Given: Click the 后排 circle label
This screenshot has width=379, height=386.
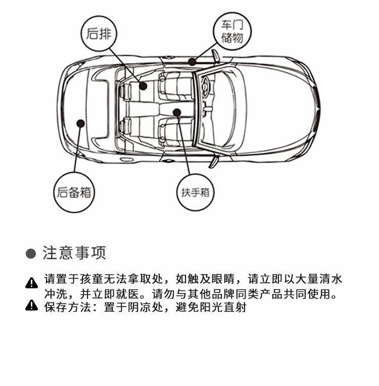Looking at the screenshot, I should pos(99,34).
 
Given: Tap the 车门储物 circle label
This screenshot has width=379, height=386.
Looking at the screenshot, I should pos(232,31).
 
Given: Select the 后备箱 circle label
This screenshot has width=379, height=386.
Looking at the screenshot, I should pos(75,192).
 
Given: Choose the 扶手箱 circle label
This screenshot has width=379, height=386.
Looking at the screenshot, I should pos(195,192).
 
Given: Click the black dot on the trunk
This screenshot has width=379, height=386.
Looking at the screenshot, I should pos(80,122).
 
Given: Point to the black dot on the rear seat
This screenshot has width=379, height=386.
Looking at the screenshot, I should pos(144,86).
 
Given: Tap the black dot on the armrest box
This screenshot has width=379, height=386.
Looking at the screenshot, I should pos(176,112).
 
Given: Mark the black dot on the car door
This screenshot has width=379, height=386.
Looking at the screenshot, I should pos(192,62).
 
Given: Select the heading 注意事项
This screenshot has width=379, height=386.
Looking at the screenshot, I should pos(75,253).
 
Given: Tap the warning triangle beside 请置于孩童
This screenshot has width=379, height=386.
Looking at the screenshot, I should pos(32,282).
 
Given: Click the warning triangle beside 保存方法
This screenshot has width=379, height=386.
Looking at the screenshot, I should pos(32,306).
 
